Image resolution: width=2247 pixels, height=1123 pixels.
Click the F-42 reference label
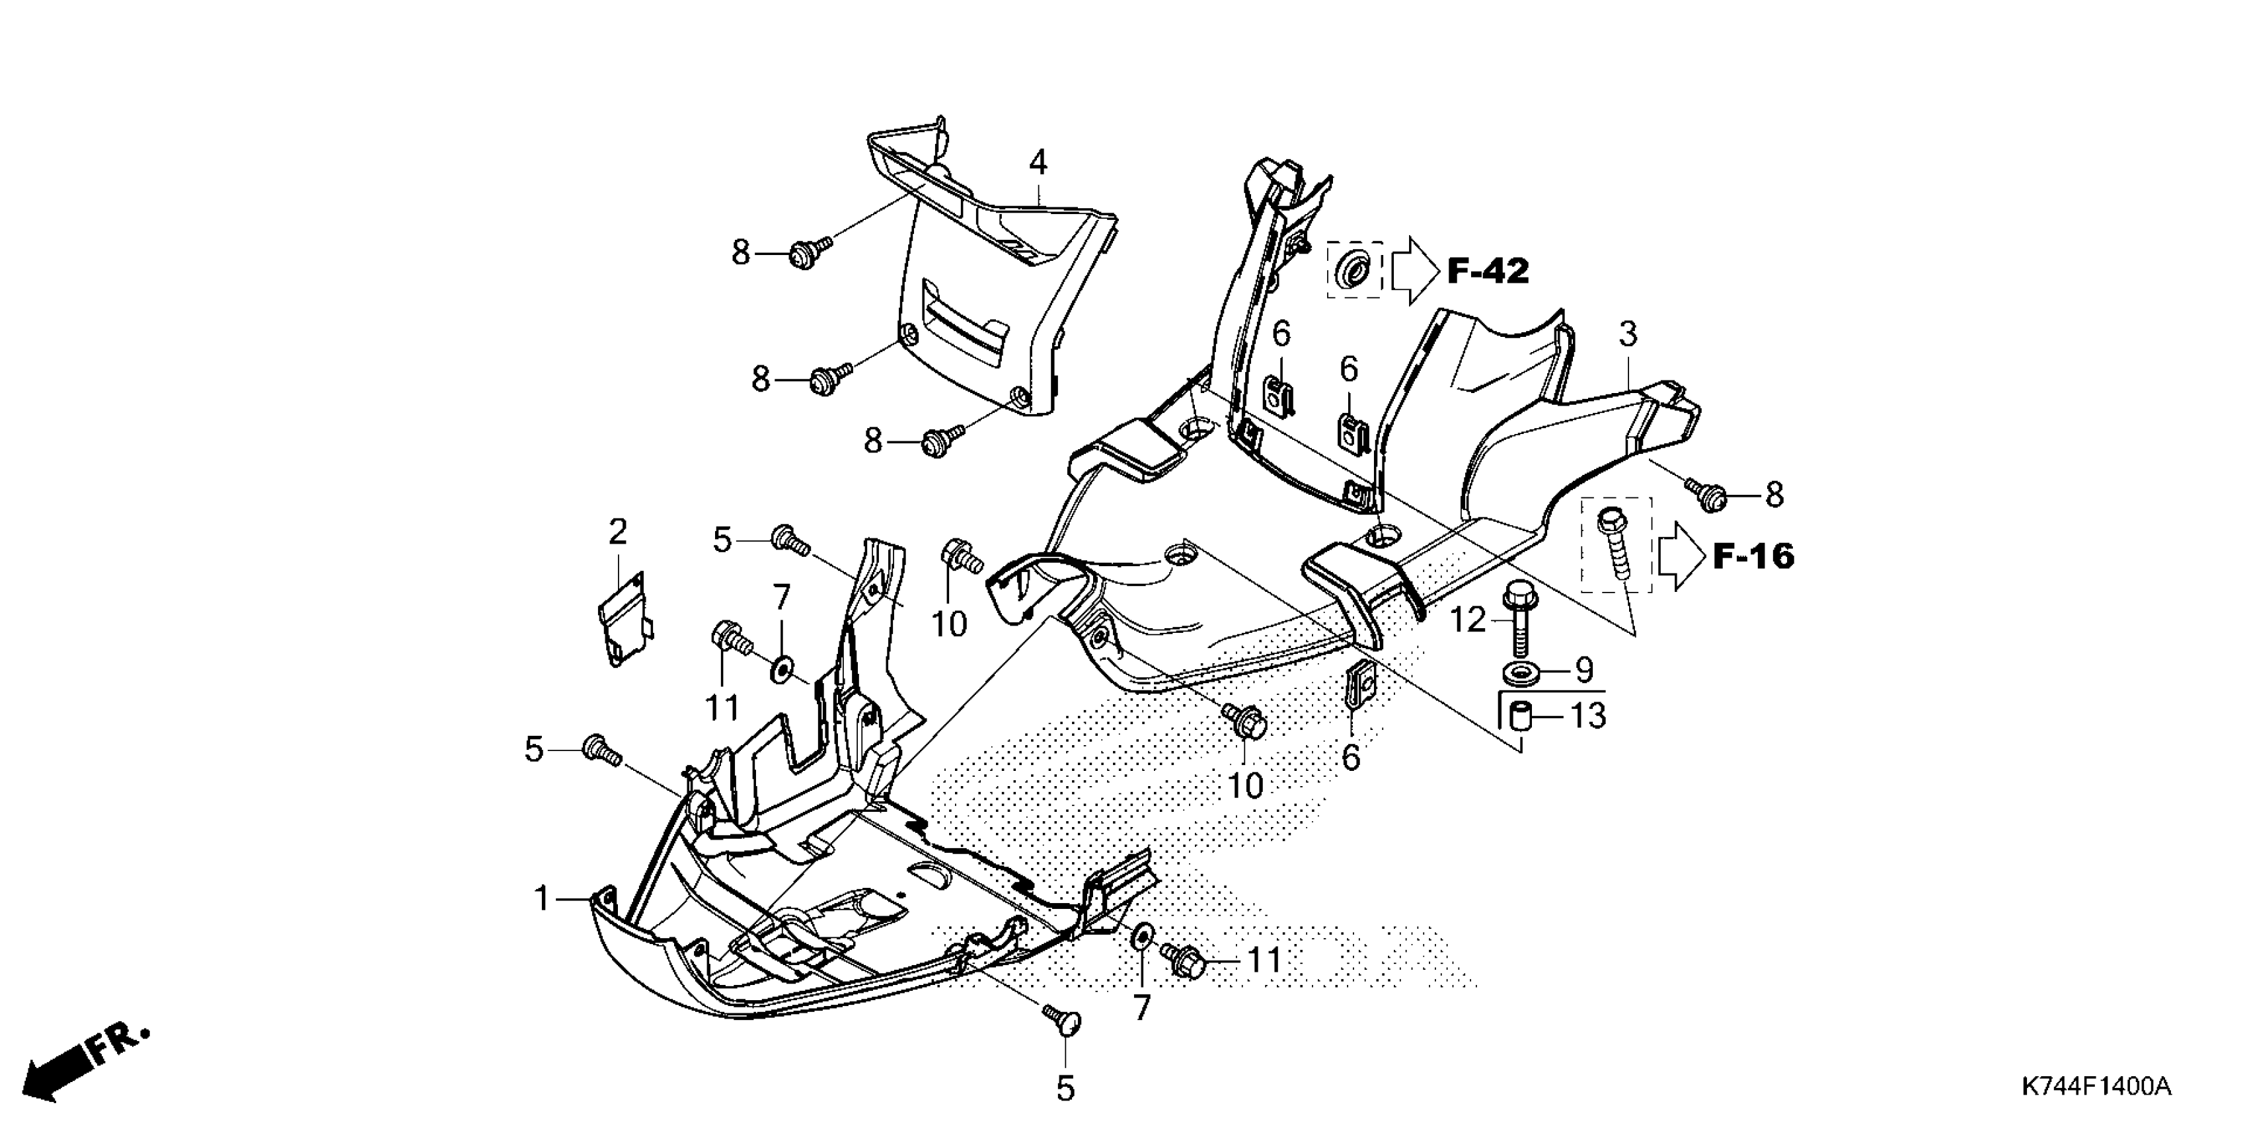[x=1488, y=271]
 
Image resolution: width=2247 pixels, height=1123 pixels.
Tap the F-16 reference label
[x=1754, y=556]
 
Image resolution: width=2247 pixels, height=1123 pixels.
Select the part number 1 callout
[x=542, y=898]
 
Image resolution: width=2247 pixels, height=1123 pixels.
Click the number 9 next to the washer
[x=1583, y=670]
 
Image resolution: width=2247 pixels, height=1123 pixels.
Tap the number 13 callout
[x=1587, y=716]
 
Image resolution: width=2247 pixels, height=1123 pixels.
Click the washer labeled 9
[x=1521, y=672]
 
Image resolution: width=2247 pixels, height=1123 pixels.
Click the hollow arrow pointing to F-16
[x=1680, y=556]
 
